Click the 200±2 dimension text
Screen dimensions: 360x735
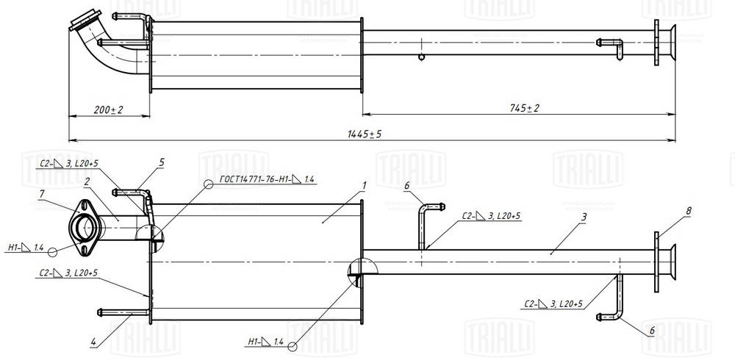pyautogui.click(x=108, y=109)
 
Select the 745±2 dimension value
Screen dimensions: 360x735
pyautogui.click(x=524, y=108)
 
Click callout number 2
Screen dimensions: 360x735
pyautogui.click(x=87, y=181)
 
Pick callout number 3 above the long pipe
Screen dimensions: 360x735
pyautogui.click(x=582, y=218)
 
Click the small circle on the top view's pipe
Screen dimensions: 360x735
pyautogui.click(x=421, y=57)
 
